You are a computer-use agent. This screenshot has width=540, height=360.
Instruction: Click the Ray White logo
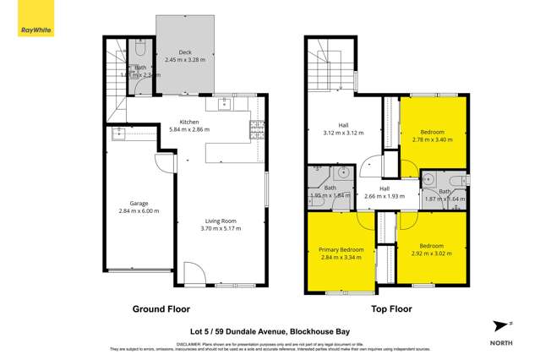tap(32, 30)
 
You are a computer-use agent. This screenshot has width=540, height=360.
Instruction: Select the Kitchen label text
tap(188, 122)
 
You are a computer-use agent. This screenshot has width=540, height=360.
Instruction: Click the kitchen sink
tap(226, 105)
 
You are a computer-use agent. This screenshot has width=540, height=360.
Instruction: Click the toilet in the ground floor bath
tap(140, 48)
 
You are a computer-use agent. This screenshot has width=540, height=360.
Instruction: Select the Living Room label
tap(219, 221)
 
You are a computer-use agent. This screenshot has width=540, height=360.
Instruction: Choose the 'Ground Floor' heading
tap(161, 309)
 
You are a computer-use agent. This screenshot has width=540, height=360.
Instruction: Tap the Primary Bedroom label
tap(341, 250)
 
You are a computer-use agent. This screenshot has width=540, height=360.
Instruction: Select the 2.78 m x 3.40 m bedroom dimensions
tap(432, 139)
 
